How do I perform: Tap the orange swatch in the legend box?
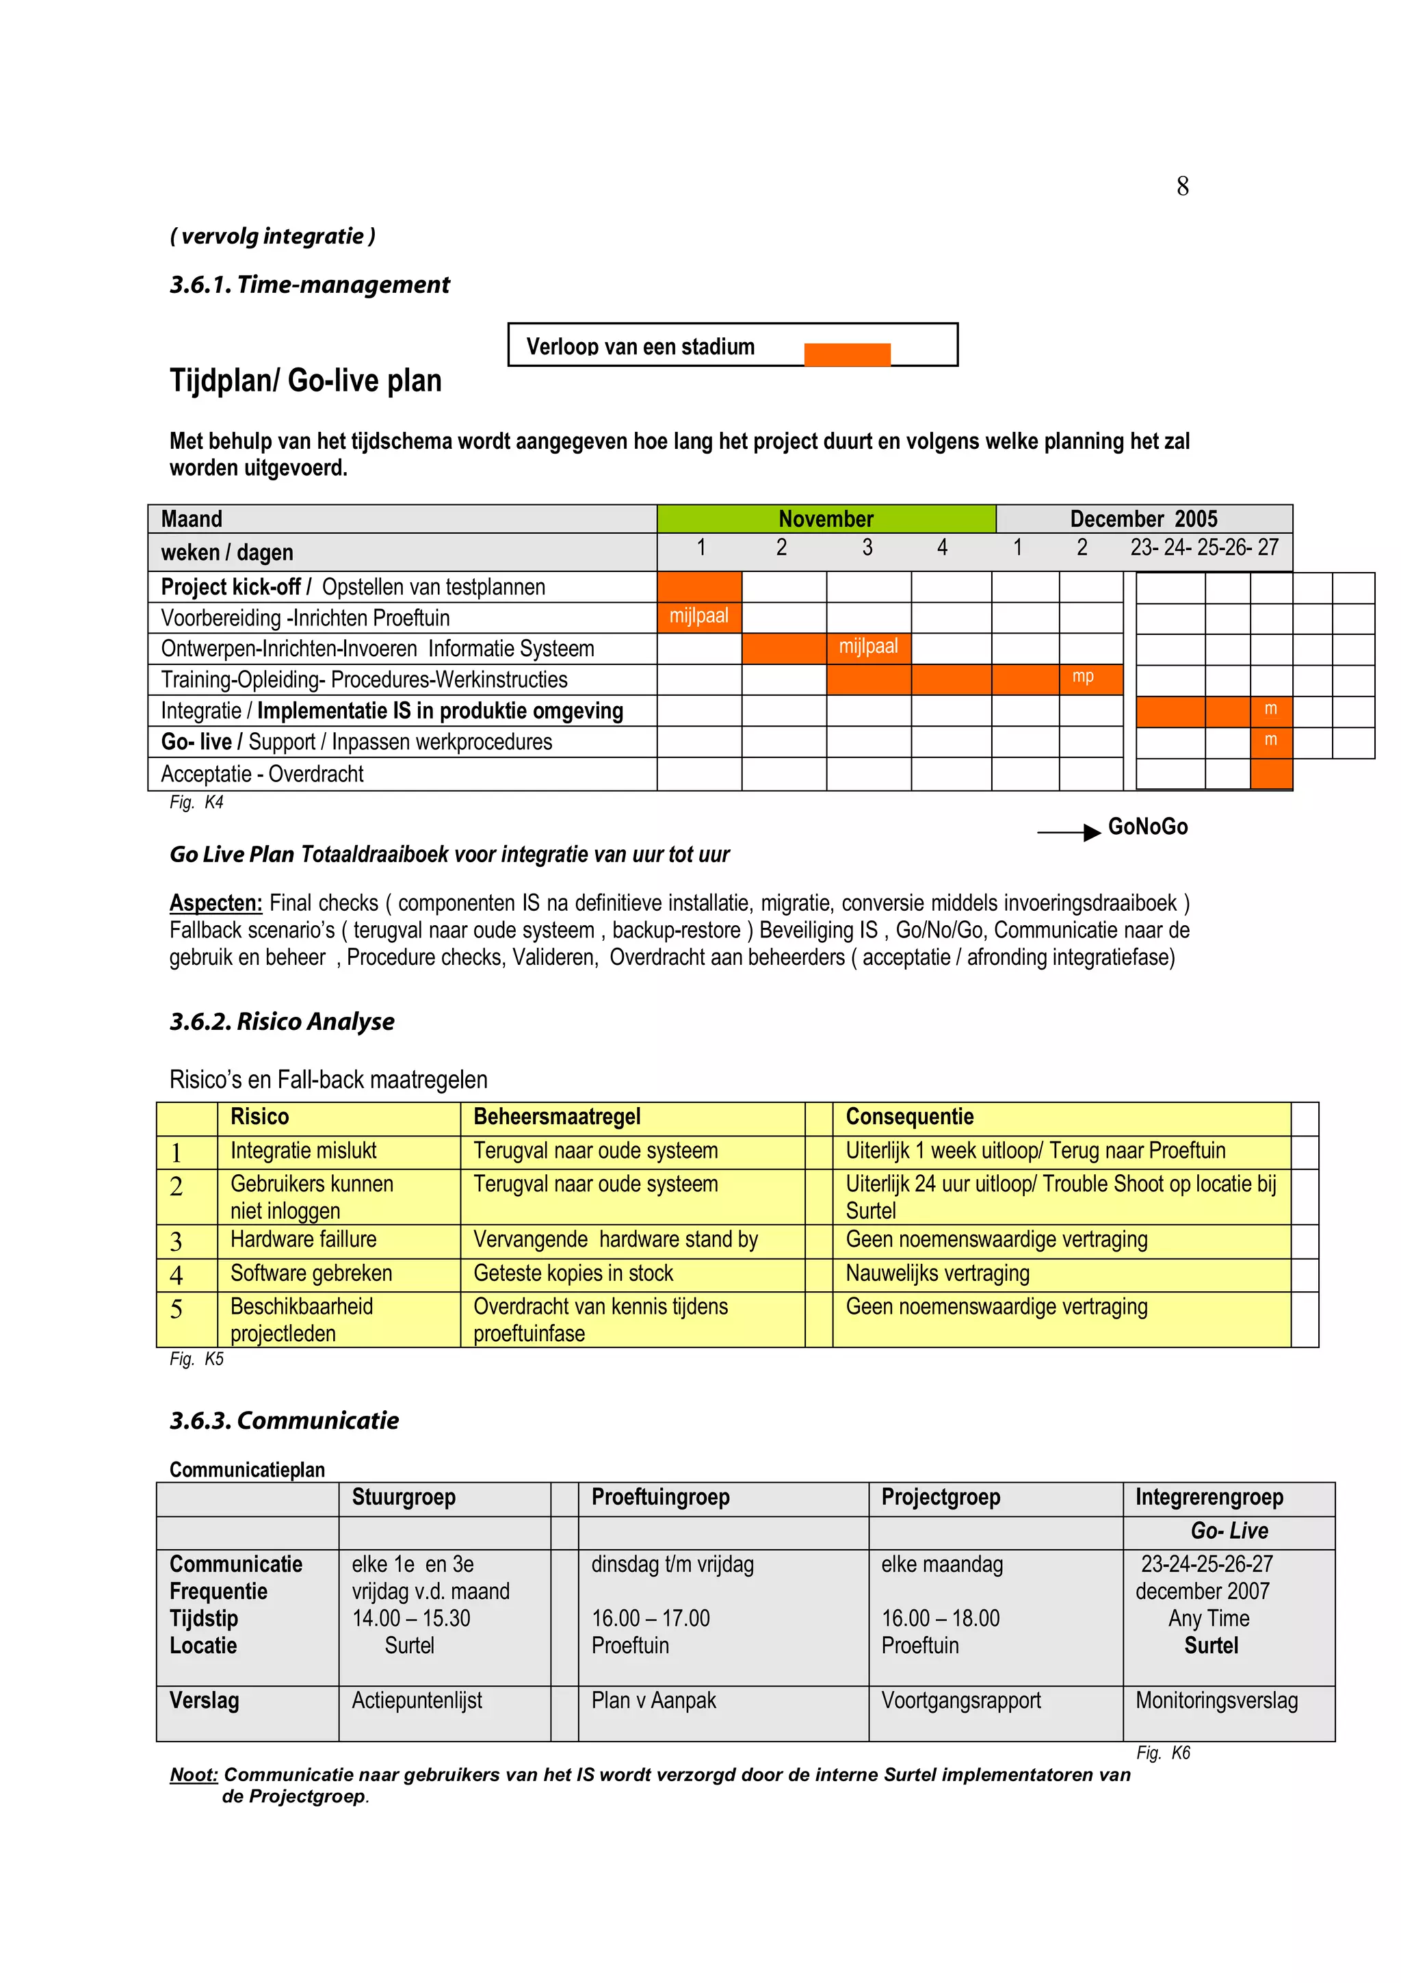click(846, 354)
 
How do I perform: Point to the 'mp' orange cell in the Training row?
click(1090, 678)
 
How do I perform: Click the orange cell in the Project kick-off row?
click(698, 586)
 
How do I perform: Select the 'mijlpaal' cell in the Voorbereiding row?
click(698, 617)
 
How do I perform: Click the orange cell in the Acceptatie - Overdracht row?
click(1270, 773)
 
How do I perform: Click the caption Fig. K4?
click(196, 803)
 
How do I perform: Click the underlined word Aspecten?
click(215, 903)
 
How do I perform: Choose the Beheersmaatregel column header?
click(557, 1117)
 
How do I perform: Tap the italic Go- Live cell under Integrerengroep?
click(1229, 1531)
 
